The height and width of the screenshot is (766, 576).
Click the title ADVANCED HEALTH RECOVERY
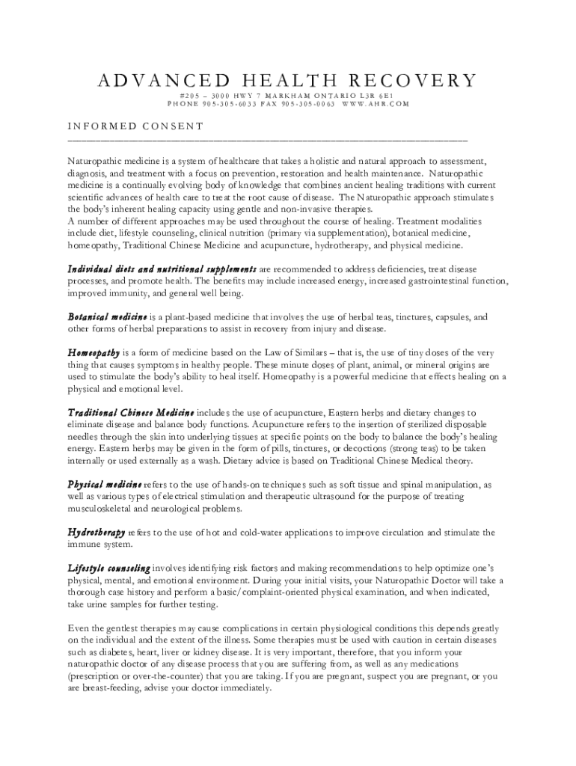click(x=287, y=81)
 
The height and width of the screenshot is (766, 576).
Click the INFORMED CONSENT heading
click(x=135, y=126)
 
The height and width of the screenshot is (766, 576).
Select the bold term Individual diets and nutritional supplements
click(x=162, y=269)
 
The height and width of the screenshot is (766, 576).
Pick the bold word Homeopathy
click(x=94, y=352)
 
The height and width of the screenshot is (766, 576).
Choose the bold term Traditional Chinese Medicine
click(x=131, y=413)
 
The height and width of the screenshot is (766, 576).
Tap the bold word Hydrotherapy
click(x=96, y=533)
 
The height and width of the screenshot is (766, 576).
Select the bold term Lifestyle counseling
click(x=108, y=569)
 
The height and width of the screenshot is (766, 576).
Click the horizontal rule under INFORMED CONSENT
click(x=267, y=140)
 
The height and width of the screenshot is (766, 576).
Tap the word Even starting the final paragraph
click(x=77, y=628)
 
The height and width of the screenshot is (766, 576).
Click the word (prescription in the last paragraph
click(x=94, y=676)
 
